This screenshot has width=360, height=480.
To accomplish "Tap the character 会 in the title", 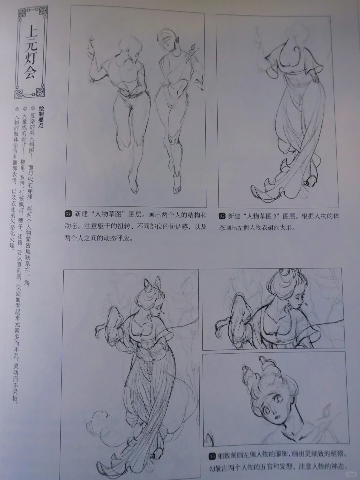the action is pyautogui.click(x=30, y=72).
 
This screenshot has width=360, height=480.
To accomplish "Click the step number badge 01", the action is pyautogui.click(x=68, y=214).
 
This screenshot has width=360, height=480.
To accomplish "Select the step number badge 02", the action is pyautogui.click(x=222, y=216).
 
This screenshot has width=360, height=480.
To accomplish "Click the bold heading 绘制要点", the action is pyautogui.click(x=41, y=117).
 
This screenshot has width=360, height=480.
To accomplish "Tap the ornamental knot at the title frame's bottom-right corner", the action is pyautogui.click(x=40, y=92).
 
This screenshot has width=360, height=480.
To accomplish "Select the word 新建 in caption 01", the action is pyautogui.click(x=81, y=214).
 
